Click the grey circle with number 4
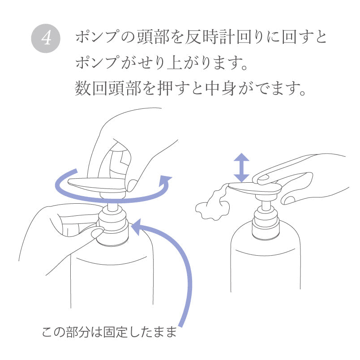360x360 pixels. (45, 38)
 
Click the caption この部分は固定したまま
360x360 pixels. (109, 332)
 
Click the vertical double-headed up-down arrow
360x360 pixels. (242, 167)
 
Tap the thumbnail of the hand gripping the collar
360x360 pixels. (97, 233)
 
